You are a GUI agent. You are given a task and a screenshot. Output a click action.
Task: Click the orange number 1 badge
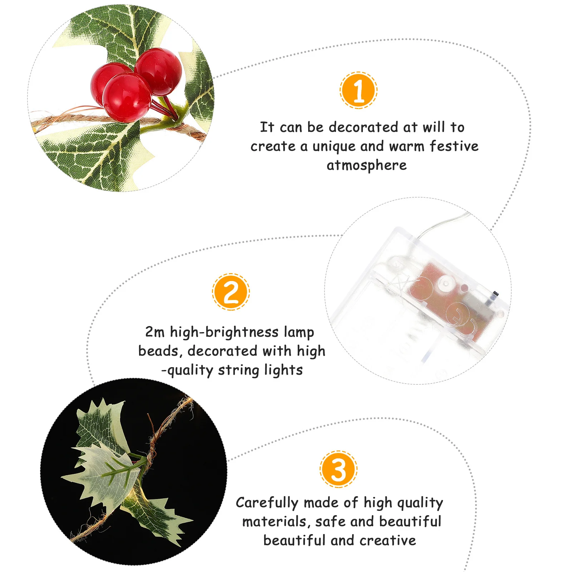[359, 90]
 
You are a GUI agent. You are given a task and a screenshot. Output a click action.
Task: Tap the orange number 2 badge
[231, 292]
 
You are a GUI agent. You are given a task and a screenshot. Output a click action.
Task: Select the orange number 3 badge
[339, 469]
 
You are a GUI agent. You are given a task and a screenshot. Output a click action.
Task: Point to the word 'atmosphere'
[366, 166]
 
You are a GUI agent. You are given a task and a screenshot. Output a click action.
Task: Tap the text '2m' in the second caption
[154, 332]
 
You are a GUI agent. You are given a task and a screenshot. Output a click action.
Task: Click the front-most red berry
[126, 97]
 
